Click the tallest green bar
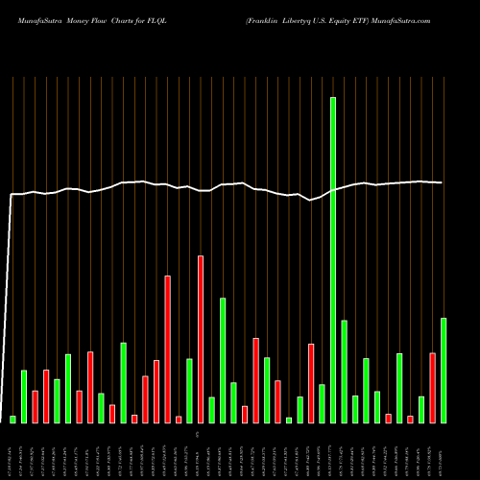tap(333, 259)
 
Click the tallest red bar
tap(201, 339)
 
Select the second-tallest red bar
tap(167, 348)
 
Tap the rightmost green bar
tap(444, 370)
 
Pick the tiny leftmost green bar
tap(12, 419)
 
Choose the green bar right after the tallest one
tap(344, 372)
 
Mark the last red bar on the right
tap(432, 388)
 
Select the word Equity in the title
tap(359, 18)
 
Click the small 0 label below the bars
tap(196, 435)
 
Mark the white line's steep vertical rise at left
tap(10, 307)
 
